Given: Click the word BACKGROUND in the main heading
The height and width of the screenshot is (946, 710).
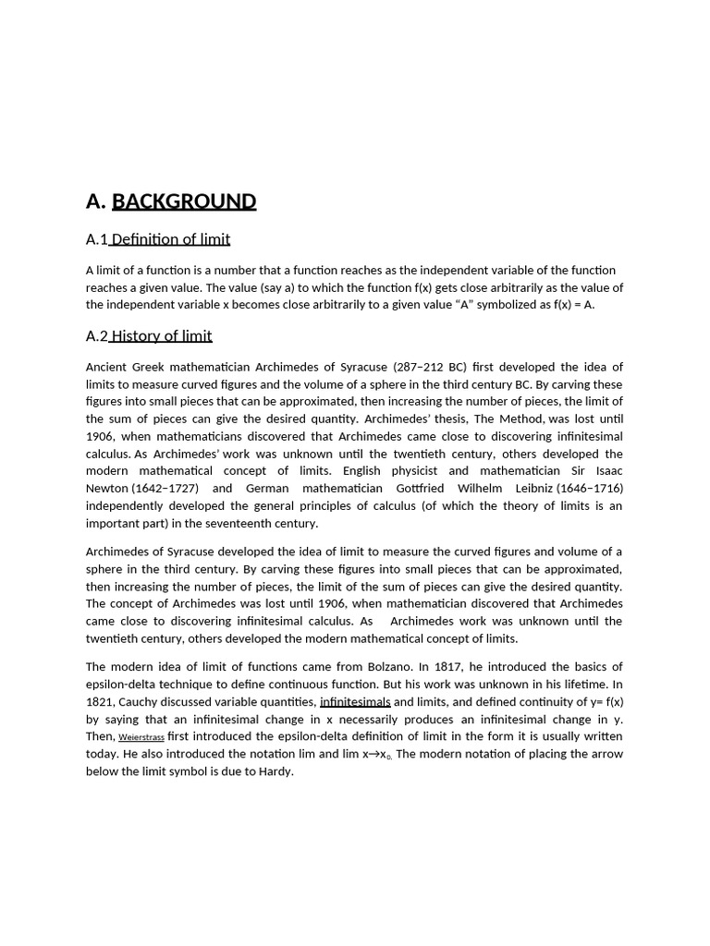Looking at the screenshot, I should pyautogui.click(x=184, y=201).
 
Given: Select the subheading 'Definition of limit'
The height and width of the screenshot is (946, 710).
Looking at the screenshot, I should pyautogui.click(x=170, y=240).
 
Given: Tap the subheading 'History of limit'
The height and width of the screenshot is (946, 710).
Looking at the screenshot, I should pyautogui.click(x=161, y=336).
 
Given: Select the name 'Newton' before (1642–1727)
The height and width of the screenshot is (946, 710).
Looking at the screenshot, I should pyautogui.click(x=107, y=489).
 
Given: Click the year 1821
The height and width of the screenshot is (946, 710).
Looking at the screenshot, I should pyautogui.click(x=102, y=702).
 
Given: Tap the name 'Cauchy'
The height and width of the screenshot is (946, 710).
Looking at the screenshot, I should pyautogui.click(x=146, y=702).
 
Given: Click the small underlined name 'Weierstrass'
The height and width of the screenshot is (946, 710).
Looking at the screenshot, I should pyautogui.click(x=141, y=738).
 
